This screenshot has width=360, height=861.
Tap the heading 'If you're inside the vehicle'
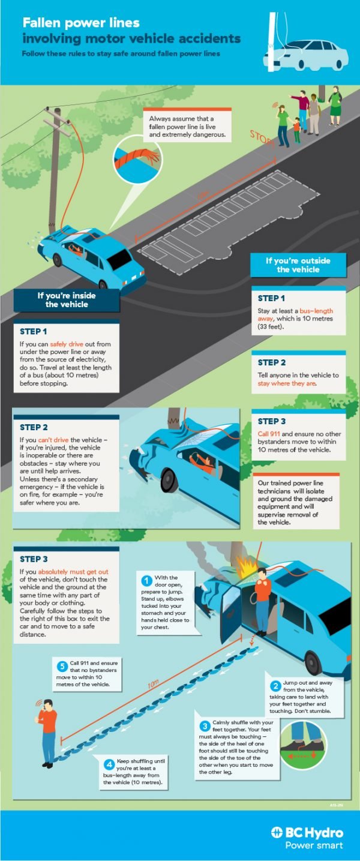67,300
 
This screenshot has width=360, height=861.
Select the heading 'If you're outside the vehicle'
298,265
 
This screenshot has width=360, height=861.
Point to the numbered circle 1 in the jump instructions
146,580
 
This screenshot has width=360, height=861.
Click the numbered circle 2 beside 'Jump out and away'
276,686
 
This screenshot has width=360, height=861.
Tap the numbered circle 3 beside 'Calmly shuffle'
205,725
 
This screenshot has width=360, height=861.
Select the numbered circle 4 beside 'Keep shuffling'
109,764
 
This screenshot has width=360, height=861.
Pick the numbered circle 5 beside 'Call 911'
62,667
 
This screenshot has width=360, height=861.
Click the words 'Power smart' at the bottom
314,845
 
